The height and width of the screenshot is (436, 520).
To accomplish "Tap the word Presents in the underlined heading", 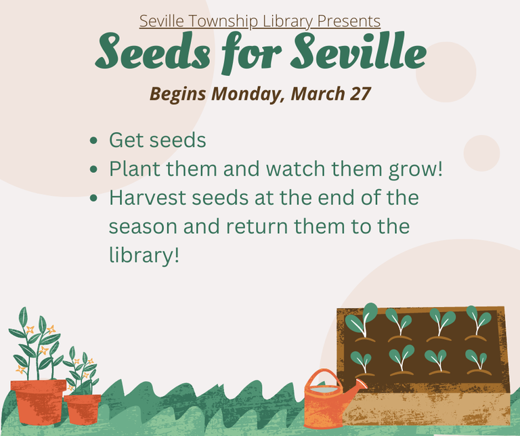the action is point(349,21).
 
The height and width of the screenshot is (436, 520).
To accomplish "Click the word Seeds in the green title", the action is point(153,51).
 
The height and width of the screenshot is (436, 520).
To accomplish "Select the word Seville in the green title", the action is point(358,50).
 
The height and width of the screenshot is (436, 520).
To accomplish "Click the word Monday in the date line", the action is point(247,94).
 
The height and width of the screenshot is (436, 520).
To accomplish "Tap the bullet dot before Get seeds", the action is point(93,140).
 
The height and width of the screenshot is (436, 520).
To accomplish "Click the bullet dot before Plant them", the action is point(93,169).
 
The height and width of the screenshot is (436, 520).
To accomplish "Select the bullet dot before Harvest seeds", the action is point(93,198).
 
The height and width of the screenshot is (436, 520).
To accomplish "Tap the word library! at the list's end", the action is point(144,256).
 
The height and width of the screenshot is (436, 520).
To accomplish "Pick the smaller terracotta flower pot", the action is point(83,410).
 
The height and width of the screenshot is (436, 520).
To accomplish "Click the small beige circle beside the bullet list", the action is point(481,153).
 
